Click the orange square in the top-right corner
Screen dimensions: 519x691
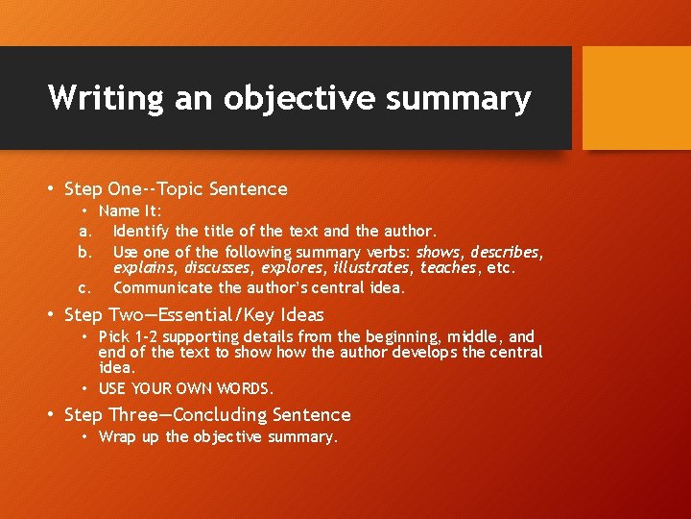(636, 97)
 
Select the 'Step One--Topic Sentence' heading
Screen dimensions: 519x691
(176, 189)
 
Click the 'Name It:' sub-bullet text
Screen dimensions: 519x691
(131, 210)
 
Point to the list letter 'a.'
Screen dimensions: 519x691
(84, 231)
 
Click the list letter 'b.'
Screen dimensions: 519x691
(84, 252)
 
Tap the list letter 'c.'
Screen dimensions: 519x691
(84, 287)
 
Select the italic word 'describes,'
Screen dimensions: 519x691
(507, 252)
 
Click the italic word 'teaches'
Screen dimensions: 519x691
(446, 268)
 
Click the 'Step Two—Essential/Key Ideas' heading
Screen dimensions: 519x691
(194, 315)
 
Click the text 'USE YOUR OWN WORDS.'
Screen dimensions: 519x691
(186, 389)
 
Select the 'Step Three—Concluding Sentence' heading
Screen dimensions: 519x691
(207, 415)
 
